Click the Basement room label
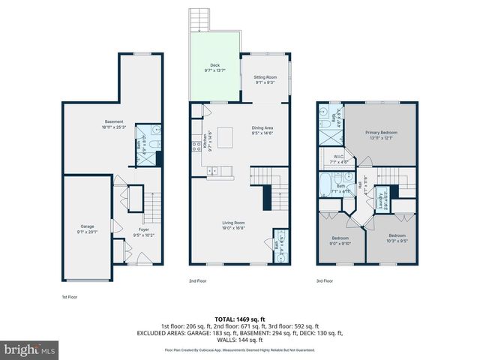tap(113, 124)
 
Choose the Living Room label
tap(234, 225)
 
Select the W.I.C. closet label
tap(339, 158)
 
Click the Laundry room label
tap(381, 199)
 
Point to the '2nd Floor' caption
tap(197, 281)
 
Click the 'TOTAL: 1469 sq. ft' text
tap(239, 319)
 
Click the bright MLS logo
tap(30, 349)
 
